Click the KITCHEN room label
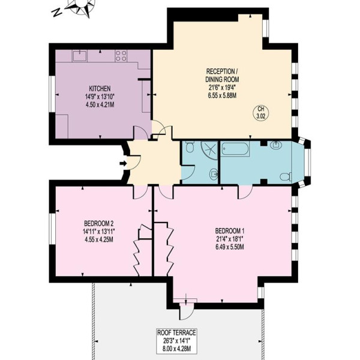point(100,88)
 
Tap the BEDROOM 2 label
point(99,223)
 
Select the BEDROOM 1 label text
point(229,230)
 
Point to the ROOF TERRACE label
point(176,332)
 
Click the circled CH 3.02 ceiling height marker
point(260,113)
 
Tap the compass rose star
point(82,7)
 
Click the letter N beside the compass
point(57,13)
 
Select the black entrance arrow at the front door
point(123,163)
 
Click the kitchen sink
point(80,56)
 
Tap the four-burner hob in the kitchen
point(121,56)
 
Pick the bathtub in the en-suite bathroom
point(235,149)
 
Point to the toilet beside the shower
point(190,146)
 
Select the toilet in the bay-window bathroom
point(286,177)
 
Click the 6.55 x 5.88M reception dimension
point(222,95)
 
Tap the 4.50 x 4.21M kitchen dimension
point(100,105)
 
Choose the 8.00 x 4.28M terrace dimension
point(176,349)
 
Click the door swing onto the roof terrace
point(187,310)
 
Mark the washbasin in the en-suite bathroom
point(275,145)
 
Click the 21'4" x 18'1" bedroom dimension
point(229,239)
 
